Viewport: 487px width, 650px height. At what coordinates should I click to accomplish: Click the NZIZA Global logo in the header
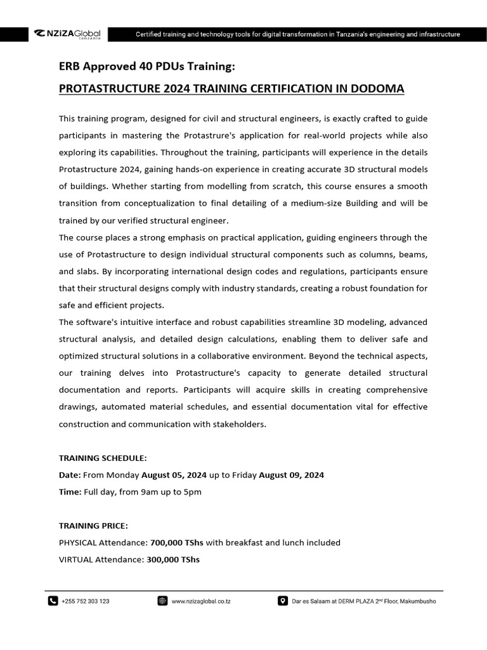67,34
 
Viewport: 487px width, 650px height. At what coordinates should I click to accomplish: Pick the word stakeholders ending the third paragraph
236,423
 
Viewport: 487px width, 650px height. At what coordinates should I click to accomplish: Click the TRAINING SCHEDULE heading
103,458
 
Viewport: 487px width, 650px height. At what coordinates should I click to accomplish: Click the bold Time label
70,492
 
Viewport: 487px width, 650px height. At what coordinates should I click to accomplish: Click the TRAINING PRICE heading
93,526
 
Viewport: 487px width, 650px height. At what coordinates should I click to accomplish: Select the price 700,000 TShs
176,543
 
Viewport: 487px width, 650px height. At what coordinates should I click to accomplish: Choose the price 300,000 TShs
172,559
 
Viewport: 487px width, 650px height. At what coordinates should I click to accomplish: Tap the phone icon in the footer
53,601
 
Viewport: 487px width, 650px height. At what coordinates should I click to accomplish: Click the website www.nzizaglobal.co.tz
201,601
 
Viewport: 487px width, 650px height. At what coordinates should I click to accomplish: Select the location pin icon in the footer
283,601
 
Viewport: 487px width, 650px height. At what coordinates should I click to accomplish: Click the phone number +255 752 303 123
86,601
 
